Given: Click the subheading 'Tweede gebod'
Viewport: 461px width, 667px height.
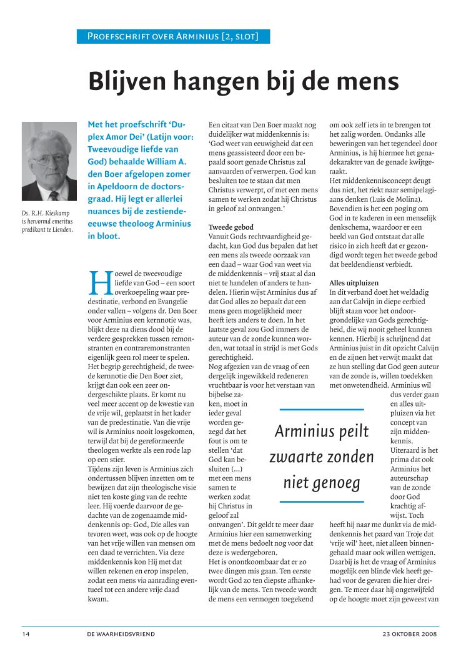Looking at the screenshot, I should [230, 227].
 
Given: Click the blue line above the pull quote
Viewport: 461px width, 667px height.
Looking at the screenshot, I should [321, 410].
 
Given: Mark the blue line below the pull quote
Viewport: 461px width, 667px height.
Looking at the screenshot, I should [321, 501].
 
